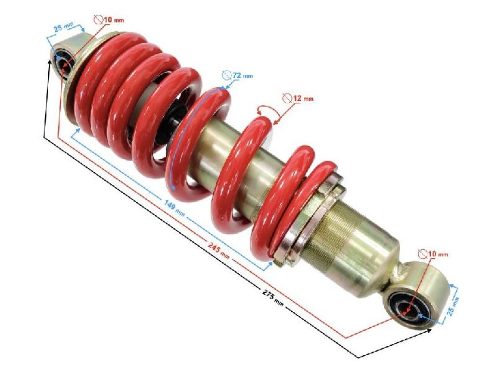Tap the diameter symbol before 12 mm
point(287,98)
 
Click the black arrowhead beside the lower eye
point(428,330)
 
